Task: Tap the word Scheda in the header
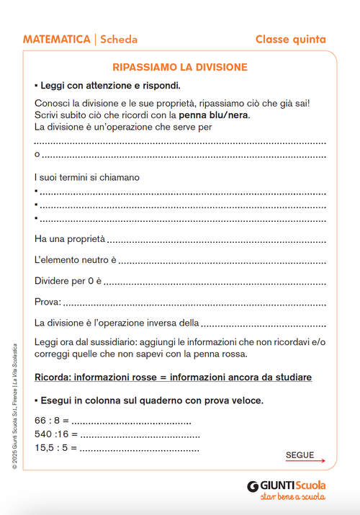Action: (x=119, y=40)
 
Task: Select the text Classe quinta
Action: (x=290, y=40)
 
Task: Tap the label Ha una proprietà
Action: (x=70, y=238)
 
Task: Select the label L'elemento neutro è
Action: (x=75, y=259)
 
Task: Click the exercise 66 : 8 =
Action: (x=52, y=421)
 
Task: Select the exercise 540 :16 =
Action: (x=55, y=434)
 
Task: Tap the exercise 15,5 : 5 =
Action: (x=55, y=448)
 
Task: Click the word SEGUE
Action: (x=300, y=454)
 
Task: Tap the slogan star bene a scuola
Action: (x=292, y=497)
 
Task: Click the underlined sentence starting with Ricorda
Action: (x=173, y=377)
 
